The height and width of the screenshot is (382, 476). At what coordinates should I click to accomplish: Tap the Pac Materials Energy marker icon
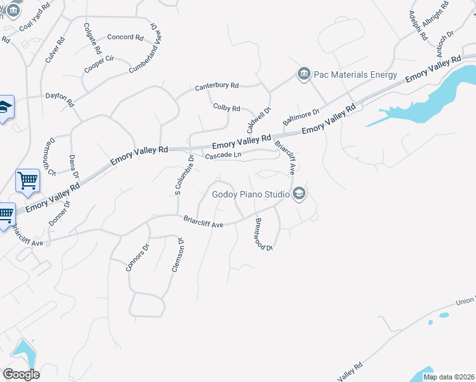(303, 74)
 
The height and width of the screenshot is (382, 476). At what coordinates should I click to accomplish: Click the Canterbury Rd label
(216, 85)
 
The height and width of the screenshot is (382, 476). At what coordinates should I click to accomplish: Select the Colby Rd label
(227, 108)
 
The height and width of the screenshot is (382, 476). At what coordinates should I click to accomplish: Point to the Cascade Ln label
(223, 155)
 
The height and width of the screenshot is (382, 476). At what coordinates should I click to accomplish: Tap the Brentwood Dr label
(263, 234)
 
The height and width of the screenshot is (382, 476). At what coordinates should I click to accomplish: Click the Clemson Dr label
(177, 255)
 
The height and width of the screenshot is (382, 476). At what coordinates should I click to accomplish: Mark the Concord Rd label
(125, 37)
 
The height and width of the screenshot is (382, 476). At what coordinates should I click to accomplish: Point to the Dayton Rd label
(60, 99)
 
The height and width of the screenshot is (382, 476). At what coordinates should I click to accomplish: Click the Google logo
(20, 374)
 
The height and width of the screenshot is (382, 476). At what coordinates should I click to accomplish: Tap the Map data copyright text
(449, 377)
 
